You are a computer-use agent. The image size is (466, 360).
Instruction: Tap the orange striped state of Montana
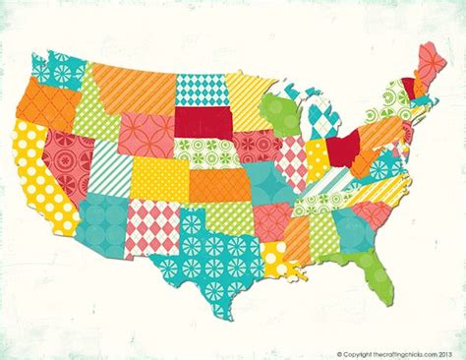coord(133,83)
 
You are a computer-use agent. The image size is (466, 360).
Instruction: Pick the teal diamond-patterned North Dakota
coord(201,89)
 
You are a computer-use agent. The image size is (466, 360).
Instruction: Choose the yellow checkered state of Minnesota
coord(246,98)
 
